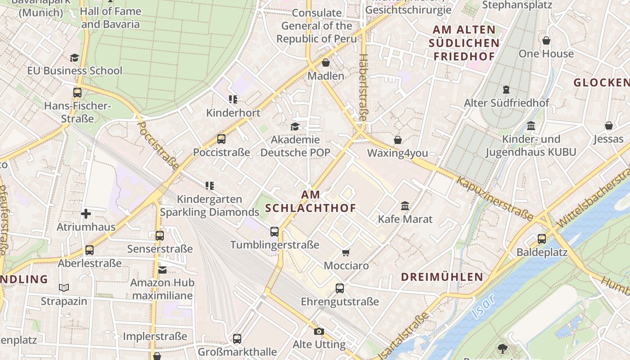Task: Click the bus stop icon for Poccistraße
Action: [x=221, y=139]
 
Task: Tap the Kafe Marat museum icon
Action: [x=405, y=206]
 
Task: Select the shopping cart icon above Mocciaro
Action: [x=346, y=252]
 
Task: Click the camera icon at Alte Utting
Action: [x=319, y=332]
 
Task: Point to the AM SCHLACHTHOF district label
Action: [x=310, y=201]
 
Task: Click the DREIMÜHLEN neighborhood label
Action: [x=442, y=277]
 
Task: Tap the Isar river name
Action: [x=484, y=306]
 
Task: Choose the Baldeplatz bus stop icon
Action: [x=542, y=238]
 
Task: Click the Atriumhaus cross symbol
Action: [x=86, y=213]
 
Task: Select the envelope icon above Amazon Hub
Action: [x=162, y=270]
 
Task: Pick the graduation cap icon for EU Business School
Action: [x=74, y=58]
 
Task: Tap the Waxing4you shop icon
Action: [x=397, y=140]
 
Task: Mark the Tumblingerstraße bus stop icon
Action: [x=274, y=232]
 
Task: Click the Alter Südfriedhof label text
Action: [x=506, y=103]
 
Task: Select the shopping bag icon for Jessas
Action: [x=608, y=126]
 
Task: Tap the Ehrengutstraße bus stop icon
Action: [x=340, y=288]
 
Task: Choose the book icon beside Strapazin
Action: [x=64, y=288]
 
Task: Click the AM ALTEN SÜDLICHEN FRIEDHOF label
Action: [x=463, y=43]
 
